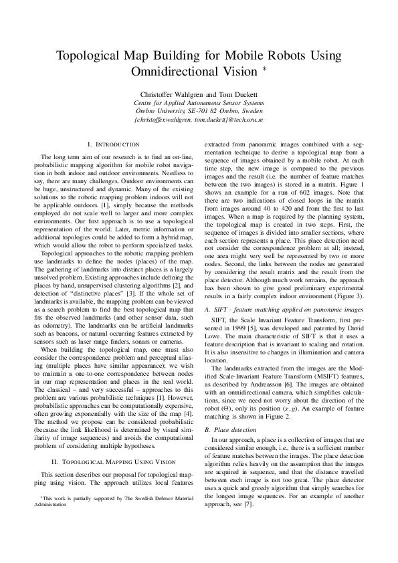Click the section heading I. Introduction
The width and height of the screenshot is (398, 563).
coord(114,144)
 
